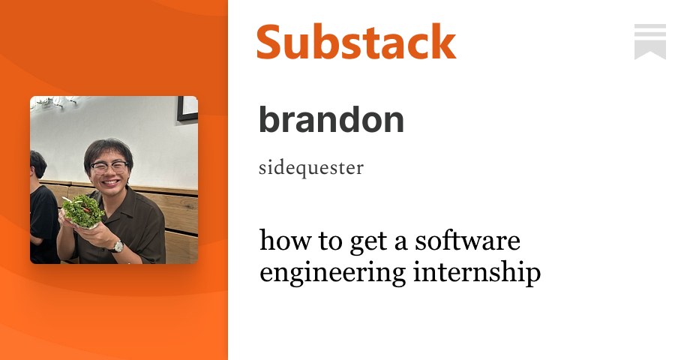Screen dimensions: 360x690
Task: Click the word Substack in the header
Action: [356, 42]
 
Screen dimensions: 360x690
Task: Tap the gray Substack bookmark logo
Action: [649, 41]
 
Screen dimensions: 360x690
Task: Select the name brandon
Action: [331, 119]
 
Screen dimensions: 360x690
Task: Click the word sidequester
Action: [310, 167]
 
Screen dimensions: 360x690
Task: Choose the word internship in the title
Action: [477, 273]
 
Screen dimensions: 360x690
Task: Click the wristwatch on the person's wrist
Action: [118, 245]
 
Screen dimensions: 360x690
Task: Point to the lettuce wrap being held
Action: [82, 209]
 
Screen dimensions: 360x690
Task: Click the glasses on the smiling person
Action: [109, 166]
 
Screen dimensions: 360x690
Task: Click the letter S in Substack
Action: [271, 42]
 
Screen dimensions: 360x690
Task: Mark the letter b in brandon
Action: [269, 119]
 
